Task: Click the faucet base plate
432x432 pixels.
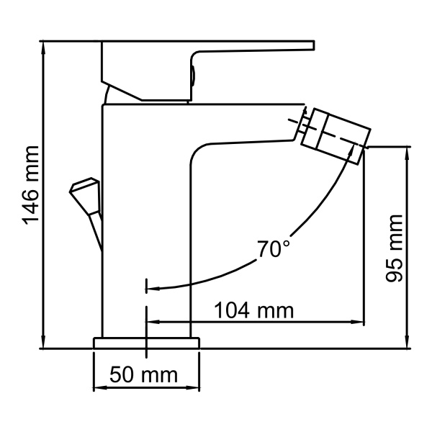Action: [146, 343]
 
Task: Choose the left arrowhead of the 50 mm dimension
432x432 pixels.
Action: [98, 388]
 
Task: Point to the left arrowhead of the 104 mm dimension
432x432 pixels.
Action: [150, 322]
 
